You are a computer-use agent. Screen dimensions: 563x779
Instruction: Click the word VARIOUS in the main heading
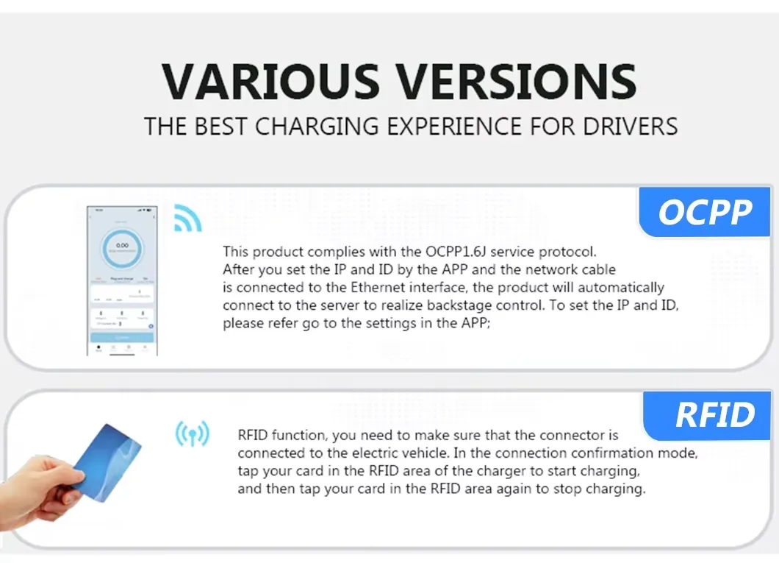pos(270,81)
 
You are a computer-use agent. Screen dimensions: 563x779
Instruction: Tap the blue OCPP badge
pos(705,213)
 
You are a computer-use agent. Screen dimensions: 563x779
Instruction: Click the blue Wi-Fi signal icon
pos(187,219)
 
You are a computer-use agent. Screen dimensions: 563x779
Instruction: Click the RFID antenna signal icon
pos(192,434)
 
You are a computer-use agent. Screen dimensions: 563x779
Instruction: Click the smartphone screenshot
pos(121,280)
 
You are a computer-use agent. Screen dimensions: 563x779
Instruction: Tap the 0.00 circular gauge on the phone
pos(122,247)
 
